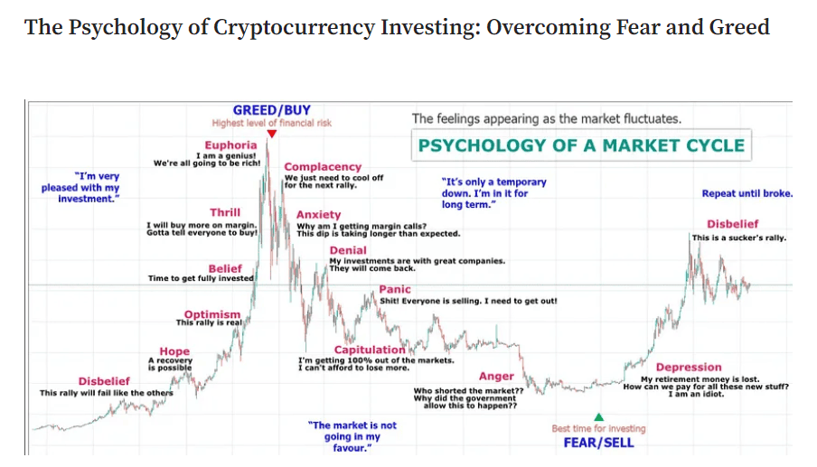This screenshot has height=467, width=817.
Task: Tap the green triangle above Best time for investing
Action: [x=598, y=416]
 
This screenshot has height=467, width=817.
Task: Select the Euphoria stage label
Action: [x=230, y=145]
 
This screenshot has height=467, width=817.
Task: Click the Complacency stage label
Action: [x=323, y=167]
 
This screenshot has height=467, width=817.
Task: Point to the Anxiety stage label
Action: [x=319, y=215]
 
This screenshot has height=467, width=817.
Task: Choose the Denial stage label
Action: [x=348, y=250]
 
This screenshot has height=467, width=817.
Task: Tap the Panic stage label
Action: [x=394, y=290]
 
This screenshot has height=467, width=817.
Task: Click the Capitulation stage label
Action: [x=370, y=350]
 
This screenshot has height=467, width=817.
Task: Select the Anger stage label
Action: [x=496, y=377]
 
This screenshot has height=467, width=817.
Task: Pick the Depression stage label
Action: [x=689, y=368]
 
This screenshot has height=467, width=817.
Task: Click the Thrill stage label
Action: [x=225, y=213]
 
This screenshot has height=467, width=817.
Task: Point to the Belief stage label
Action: [x=225, y=268]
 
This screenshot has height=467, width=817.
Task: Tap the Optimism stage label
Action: [x=212, y=314]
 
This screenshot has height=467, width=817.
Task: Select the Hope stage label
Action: [x=174, y=351]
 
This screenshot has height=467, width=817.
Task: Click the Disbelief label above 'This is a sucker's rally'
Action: [x=732, y=224]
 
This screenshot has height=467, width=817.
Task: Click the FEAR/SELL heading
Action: [x=598, y=443]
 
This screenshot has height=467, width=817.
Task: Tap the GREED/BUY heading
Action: [x=271, y=110]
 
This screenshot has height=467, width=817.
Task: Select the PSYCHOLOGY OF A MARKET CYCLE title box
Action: [x=581, y=145]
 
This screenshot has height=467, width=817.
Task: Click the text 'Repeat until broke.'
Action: [x=747, y=193]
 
